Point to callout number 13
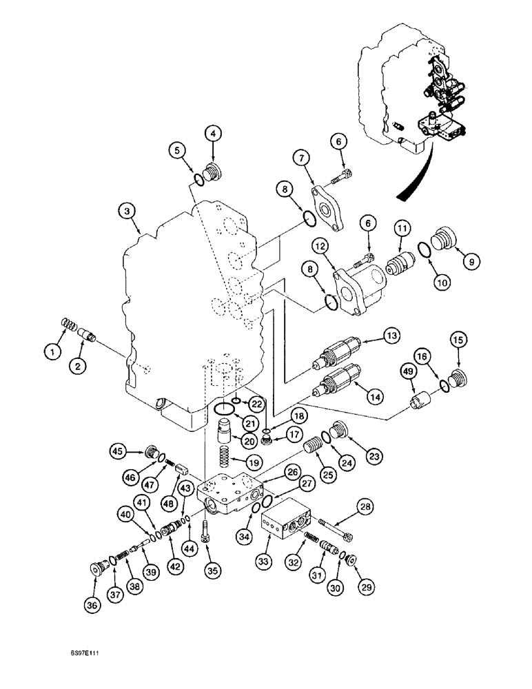(391, 336)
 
